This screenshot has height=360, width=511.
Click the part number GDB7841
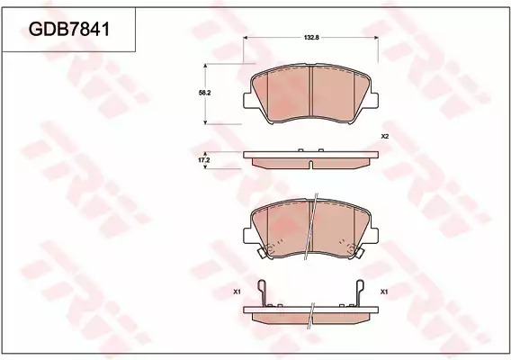(x=69, y=30)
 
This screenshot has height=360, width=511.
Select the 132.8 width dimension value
(x=311, y=38)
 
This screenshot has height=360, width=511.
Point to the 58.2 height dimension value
(x=204, y=93)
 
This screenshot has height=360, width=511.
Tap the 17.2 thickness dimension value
(x=204, y=160)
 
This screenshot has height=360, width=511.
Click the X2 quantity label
(x=385, y=137)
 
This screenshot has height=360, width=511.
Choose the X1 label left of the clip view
(x=237, y=292)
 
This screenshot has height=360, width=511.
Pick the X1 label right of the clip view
(x=384, y=292)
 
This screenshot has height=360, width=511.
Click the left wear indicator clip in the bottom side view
(x=263, y=292)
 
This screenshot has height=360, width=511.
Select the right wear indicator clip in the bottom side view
(x=360, y=292)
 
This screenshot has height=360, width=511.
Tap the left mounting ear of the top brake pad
(x=247, y=101)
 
